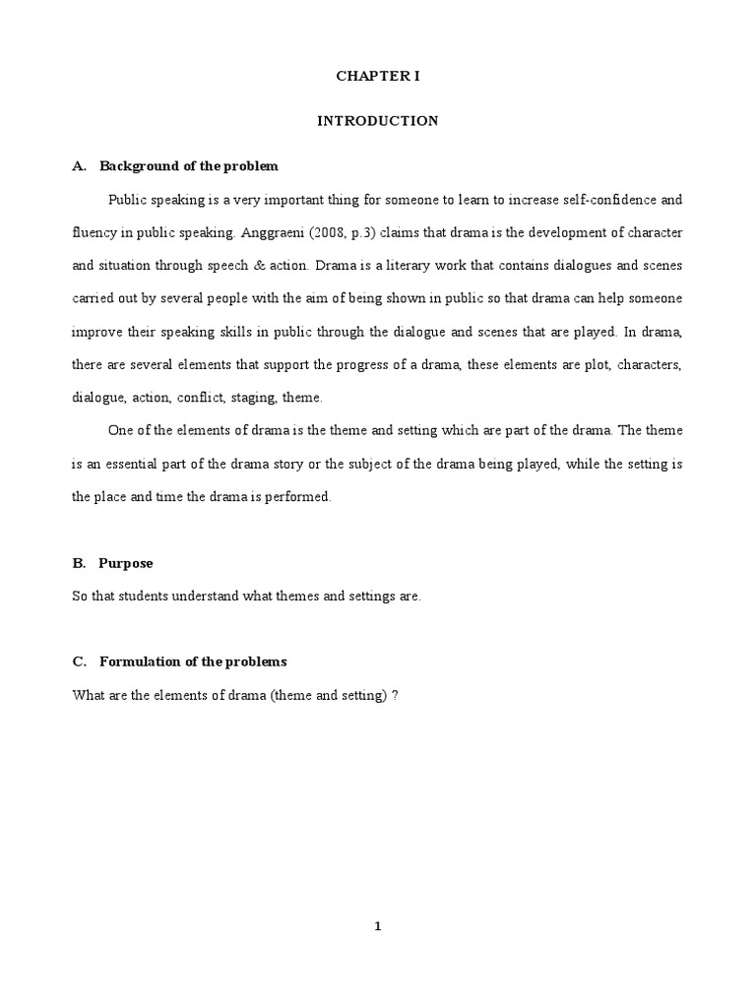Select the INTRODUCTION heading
coord(377,121)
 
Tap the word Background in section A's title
coord(135,166)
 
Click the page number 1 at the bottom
coord(377,925)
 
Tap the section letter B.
coord(78,564)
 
